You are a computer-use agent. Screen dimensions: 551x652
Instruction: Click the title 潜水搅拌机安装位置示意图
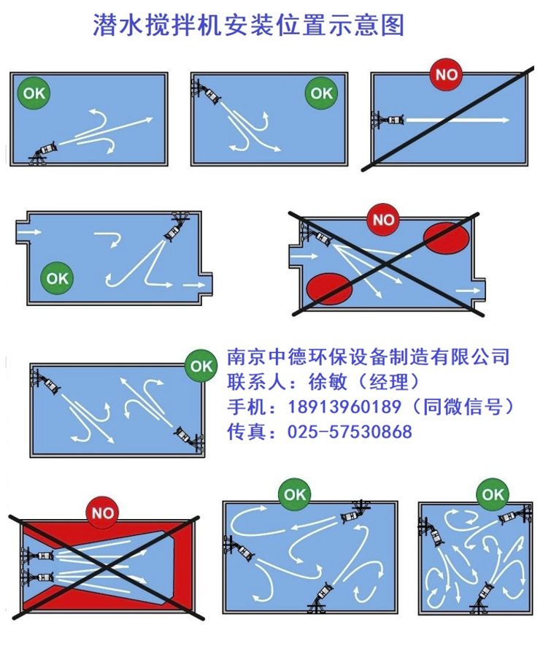tap(248, 25)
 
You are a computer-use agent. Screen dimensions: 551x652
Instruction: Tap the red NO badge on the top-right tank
tap(447, 74)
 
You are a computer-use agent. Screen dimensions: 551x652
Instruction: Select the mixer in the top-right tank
tap(388, 120)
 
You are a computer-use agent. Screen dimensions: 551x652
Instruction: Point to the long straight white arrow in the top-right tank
tap(458, 120)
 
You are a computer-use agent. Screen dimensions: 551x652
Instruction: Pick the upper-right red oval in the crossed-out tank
tap(447, 238)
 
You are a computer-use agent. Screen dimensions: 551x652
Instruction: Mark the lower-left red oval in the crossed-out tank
tap(329, 288)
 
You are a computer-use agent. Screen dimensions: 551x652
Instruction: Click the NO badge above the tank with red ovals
tap(383, 220)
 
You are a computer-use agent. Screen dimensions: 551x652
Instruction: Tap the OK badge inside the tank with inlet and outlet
tap(57, 278)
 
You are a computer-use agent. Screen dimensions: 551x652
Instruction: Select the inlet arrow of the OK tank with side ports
tap(31, 231)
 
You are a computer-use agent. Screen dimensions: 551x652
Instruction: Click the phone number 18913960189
tap(344, 407)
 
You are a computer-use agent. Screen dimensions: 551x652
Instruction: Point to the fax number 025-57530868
tap(350, 432)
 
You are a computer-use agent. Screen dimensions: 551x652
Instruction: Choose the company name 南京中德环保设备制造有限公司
tap(368, 357)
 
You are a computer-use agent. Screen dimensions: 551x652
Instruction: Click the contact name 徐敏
tap(328, 381)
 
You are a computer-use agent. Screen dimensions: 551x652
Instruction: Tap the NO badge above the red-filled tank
tap(103, 513)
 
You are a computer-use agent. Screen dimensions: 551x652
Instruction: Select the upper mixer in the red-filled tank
tap(37, 555)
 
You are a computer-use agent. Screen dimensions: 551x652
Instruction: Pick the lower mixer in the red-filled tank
tap(37, 577)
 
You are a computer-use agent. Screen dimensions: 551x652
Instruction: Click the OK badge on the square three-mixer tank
tap(493, 494)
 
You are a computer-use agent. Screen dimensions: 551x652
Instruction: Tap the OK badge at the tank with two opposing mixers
tap(201, 366)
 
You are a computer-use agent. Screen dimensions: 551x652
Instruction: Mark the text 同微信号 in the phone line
tap(463, 407)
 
